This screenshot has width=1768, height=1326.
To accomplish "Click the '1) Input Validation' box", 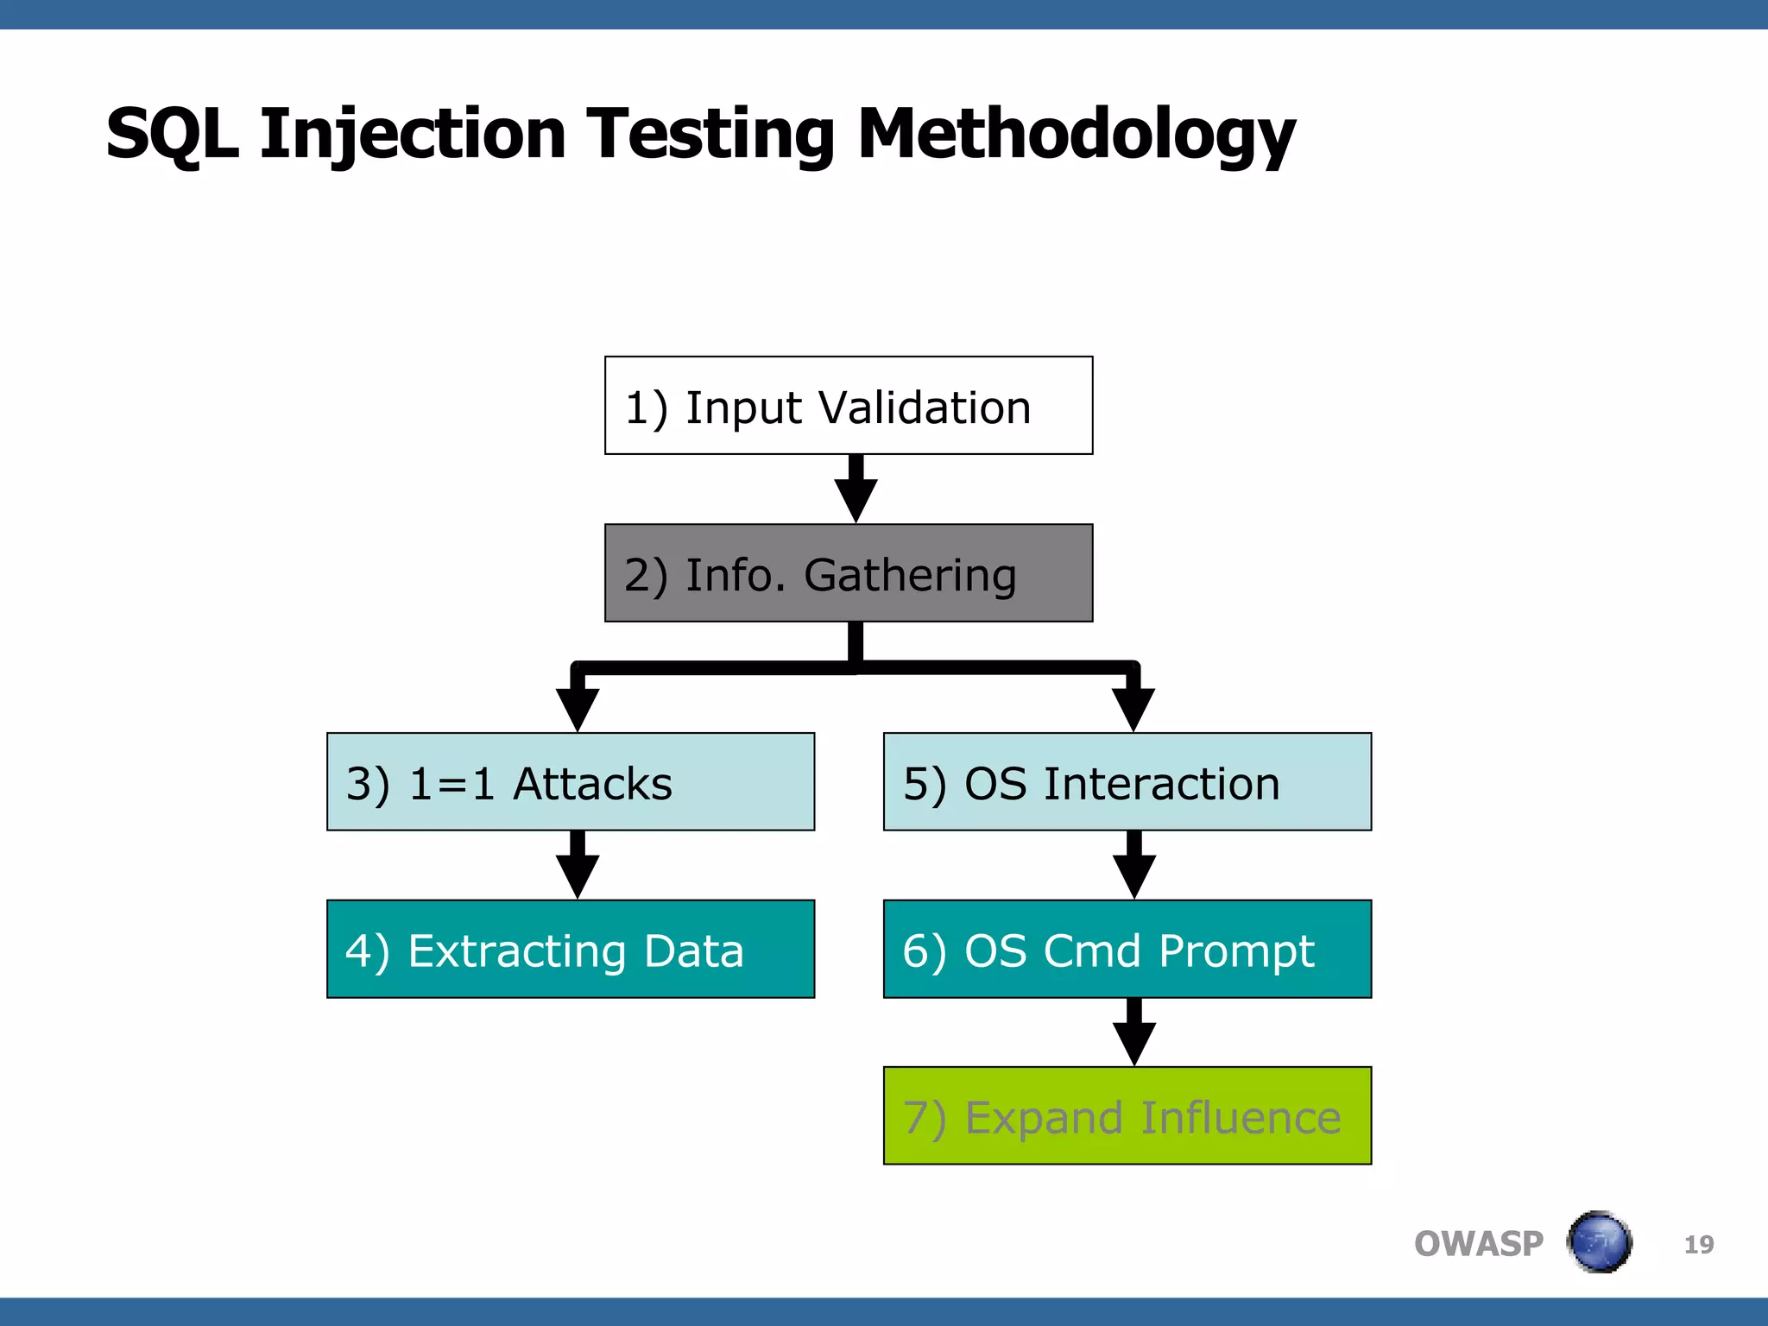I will coord(849,406).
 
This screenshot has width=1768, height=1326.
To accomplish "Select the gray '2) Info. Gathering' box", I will coord(849,573).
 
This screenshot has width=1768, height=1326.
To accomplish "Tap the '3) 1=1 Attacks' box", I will coord(571,782).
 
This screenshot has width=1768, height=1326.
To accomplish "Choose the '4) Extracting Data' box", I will coord(571,950).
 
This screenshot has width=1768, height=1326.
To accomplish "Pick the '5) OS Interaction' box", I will coord(1127,782).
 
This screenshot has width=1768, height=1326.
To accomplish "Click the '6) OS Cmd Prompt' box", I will coord(1127,950).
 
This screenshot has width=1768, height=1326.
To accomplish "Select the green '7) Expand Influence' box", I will coord(1127,1116).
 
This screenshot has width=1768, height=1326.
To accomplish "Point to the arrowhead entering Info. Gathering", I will coord(856,500).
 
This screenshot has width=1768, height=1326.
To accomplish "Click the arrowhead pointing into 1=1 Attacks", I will coord(578,709).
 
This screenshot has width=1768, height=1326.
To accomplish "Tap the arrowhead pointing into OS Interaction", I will coord(1133,709).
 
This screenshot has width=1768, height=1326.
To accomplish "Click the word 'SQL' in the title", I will coord(172,134).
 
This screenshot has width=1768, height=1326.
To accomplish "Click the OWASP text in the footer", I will coord(1478,1244).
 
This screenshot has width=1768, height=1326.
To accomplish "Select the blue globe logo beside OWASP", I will coord(1599,1242).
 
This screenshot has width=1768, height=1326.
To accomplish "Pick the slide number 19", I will coord(1698,1245).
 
